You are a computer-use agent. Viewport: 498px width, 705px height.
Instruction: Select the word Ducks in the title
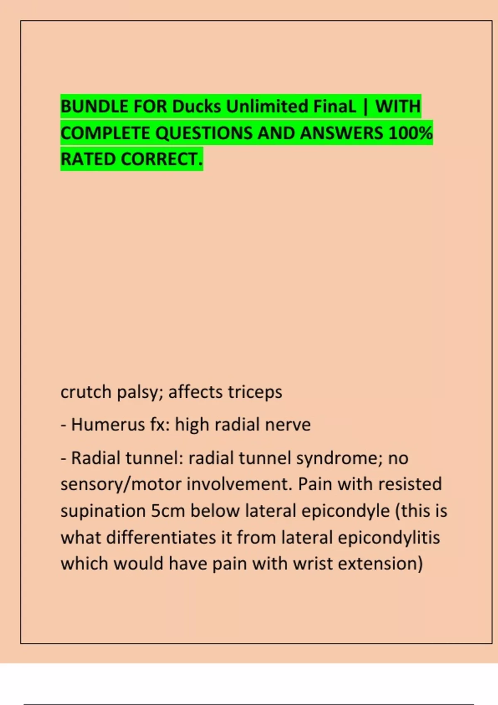tap(196, 107)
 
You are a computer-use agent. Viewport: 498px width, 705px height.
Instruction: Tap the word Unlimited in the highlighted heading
tap(267, 107)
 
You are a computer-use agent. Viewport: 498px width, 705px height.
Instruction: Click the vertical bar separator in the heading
tap(365, 107)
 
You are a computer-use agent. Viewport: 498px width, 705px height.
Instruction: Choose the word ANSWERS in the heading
tap(341, 133)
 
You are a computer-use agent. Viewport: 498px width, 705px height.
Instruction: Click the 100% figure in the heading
tap(410, 133)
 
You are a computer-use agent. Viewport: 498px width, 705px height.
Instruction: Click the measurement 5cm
tap(168, 511)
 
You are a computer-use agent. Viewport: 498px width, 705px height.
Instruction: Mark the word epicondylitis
tap(389, 537)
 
